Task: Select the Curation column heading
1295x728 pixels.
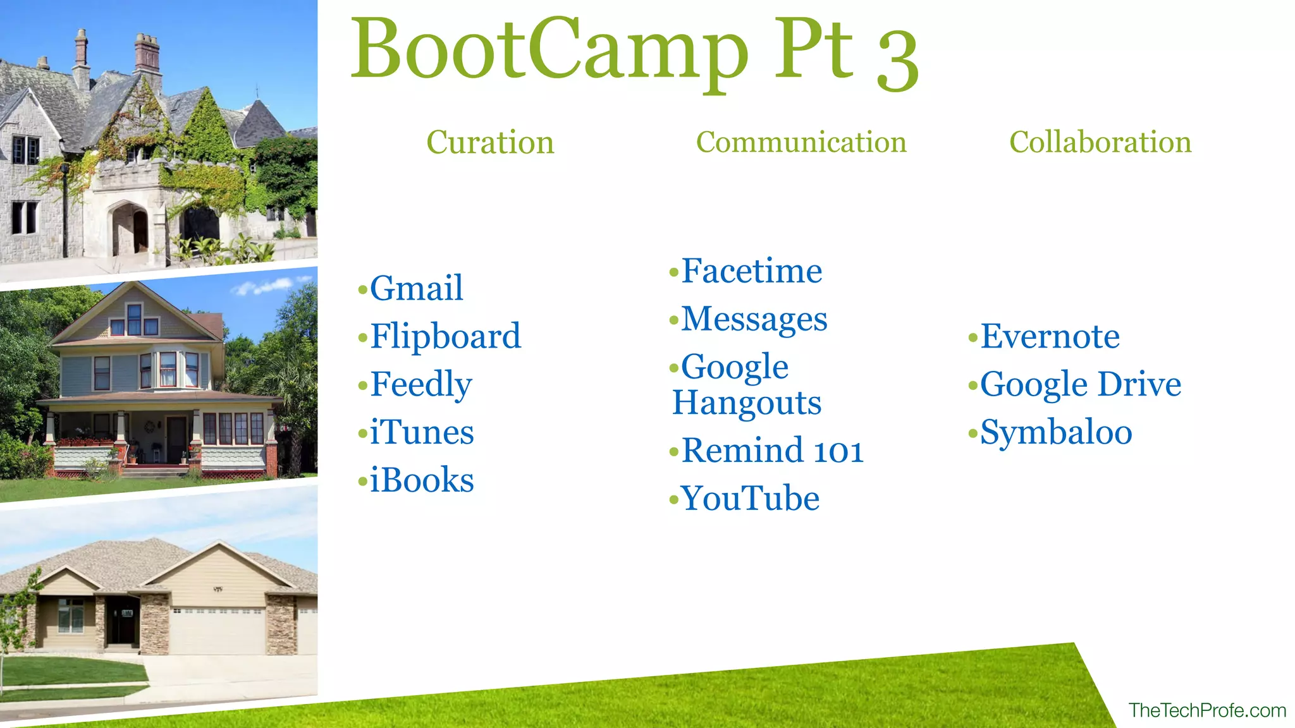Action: pos(490,142)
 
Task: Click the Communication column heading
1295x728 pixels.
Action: pos(801,142)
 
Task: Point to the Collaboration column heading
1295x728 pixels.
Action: pos(1100,142)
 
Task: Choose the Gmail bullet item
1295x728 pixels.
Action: pos(416,288)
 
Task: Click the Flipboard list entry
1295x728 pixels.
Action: pos(445,336)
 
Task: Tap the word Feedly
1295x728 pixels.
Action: pos(420,384)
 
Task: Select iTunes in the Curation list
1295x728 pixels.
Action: pos(421,432)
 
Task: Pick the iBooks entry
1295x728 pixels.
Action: pos(421,480)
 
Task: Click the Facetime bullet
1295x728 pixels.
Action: pos(751,271)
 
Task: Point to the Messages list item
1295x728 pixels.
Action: pos(754,319)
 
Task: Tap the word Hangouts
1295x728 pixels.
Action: pos(747,403)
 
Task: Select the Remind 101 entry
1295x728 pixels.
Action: pos(772,451)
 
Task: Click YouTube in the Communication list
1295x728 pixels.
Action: pos(750,499)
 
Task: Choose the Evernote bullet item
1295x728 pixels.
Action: pos(1050,336)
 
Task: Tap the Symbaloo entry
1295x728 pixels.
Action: pos(1056,432)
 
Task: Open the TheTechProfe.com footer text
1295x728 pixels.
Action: pos(1207,710)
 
